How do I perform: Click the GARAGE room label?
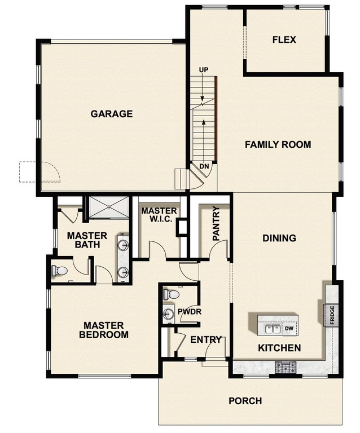coord(112,114)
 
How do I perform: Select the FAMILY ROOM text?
coord(278,145)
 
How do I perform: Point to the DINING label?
coord(279,238)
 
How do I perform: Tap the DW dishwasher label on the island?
coord(289,328)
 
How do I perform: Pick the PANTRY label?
coord(216,224)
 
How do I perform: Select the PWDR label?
coord(186,311)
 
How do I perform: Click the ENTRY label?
coord(205,340)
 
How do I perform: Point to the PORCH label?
coord(245,401)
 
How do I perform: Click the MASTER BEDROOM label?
coord(106,330)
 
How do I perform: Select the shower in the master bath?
coord(107,208)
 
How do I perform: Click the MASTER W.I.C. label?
coord(159,215)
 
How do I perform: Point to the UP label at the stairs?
coord(204,70)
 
